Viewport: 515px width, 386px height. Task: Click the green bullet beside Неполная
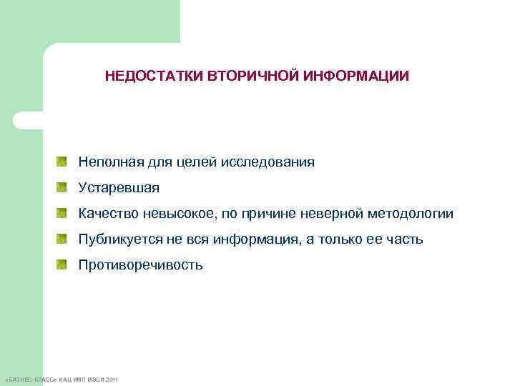pos(63,162)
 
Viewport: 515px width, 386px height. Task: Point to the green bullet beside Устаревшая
pos(63,188)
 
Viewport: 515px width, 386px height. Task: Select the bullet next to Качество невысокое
pos(63,214)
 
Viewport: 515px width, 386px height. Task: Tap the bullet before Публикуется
pos(63,239)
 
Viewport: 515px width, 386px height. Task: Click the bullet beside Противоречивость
pos(63,265)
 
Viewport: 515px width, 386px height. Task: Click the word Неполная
pos(108,162)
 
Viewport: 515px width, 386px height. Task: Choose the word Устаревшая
pos(119,188)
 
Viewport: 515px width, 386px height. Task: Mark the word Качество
pos(107,214)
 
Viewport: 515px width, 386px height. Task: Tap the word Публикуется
pos(119,239)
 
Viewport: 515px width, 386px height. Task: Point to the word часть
pos(405,239)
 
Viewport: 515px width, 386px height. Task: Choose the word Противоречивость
pos(141,265)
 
